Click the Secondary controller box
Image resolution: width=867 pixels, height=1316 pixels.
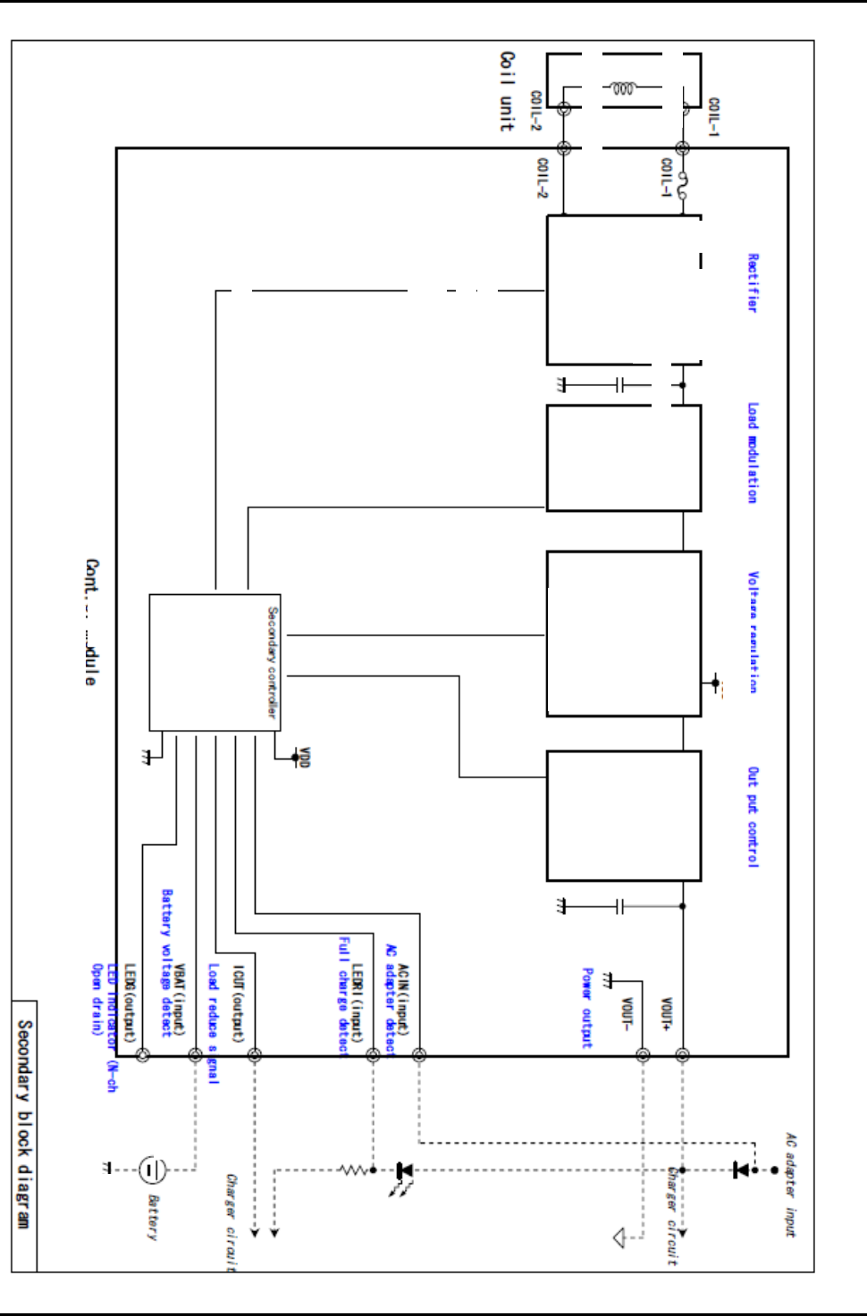pyautogui.click(x=215, y=662)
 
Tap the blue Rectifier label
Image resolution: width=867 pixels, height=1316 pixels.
pyautogui.click(x=753, y=282)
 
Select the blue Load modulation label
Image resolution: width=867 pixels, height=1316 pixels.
pyautogui.click(x=753, y=453)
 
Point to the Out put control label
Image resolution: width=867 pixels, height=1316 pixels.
pyautogui.click(x=753, y=817)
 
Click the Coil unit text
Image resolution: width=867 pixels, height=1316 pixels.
pyautogui.click(x=507, y=91)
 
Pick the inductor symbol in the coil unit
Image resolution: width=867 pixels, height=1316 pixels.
pyautogui.click(x=623, y=88)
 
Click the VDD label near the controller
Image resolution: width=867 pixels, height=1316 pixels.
pyautogui.click(x=304, y=758)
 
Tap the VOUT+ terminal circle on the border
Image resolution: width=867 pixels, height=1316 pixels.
pyautogui.click(x=682, y=1055)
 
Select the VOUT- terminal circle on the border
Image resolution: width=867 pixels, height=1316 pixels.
pyautogui.click(x=643, y=1055)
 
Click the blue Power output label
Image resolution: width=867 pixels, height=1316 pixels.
pyautogui.click(x=586, y=1007)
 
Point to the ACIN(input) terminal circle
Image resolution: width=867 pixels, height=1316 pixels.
pyautogui.click(x=419, y=1055)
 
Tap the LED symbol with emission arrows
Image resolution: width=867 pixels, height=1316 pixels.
pyautogui.click(x=403, y=1171)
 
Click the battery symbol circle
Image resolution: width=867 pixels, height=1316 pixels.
pyautogui.click(x=152, y=1169)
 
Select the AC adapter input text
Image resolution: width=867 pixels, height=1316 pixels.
pyautogui.click(x=790, y=1185)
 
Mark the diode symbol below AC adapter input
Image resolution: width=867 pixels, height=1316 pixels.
pyautogui.click(x=741, y=1169)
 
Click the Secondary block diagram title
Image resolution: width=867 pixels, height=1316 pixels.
pyautogui.click(x=24, y=1124)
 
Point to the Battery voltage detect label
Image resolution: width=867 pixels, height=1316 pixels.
pyautogui.click(x=166, y=963)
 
